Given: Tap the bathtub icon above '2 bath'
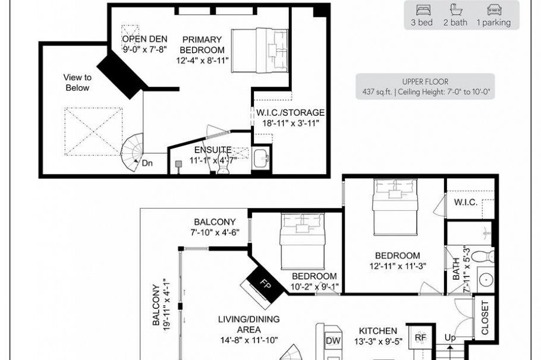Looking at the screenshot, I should [455, 10].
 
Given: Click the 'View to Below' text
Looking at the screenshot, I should [77, 83].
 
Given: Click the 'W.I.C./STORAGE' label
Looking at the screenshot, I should [290, 112].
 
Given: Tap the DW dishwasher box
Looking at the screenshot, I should [333, 340].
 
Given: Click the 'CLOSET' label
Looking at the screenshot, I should [485, 318].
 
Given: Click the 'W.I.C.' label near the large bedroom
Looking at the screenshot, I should [465, 202].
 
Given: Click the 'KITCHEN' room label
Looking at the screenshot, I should [378, 330].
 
